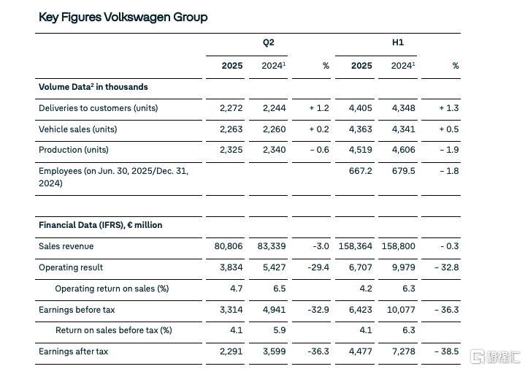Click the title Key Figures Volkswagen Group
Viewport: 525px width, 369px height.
click(x=123, y=18)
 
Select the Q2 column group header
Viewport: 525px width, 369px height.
click(x=268, y=42)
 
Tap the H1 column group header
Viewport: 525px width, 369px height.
click(x=398, y=42)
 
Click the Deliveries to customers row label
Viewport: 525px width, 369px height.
click(x=98, y=108)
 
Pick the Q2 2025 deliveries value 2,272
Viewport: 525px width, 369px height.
click(x=231, y=108)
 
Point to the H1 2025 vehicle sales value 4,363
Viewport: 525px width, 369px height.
click(x=360, y=129)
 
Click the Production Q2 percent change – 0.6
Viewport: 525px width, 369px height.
click(x=319, y=150)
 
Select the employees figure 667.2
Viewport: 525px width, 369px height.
click(x=360, y=171)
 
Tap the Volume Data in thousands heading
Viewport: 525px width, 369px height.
click(x=93, y=87)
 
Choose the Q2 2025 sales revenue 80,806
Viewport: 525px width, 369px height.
click(x=229, y=246)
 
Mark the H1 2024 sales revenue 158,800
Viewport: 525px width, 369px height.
click(x=398, y=246)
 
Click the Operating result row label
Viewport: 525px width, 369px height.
click(x=71, y=267)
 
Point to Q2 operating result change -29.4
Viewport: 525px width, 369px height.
click(x=318, y=267)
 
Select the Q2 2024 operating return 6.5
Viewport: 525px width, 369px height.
click(x=279, y=289)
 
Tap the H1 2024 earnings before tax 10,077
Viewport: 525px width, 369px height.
click(x=401, y=310)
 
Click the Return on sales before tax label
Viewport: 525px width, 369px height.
click(x=113, y=330)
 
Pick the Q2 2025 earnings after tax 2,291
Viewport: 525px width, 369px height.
click(x=231, y=351)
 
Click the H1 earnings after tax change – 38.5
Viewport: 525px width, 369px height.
click(x=447, y=351)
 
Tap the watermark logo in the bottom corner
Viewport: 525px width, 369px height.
click(x=496, y=357)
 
